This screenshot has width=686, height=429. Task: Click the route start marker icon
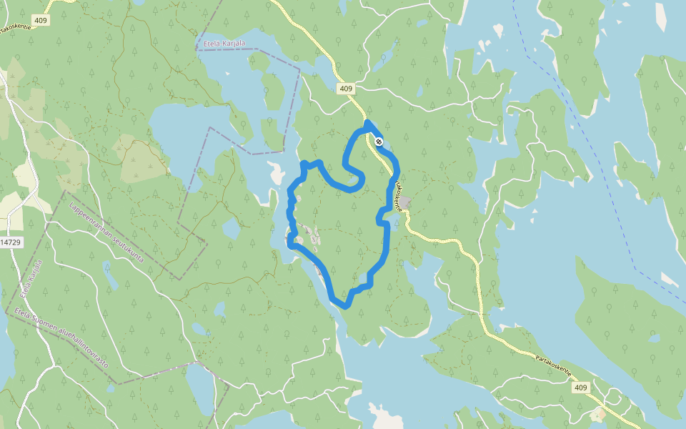point(379,142)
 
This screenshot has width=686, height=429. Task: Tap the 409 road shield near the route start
point(346,89)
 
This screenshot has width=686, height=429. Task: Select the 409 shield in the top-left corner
point(41,21)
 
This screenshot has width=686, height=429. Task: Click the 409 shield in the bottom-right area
point(580,388)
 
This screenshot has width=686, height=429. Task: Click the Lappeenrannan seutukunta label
point(106,232)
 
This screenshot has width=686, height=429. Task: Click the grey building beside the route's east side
point(404,203)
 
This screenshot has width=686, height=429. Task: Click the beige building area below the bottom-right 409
point(598,414)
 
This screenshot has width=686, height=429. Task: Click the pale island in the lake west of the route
point(274,172)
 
